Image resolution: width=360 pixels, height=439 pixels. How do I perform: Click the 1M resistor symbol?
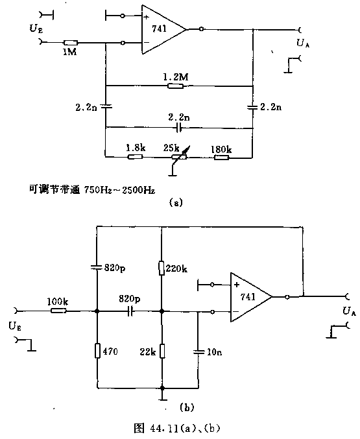70,43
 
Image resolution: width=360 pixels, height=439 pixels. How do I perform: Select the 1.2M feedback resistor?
175,86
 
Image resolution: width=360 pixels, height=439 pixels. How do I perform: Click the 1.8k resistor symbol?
135,156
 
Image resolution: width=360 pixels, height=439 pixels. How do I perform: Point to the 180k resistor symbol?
222,157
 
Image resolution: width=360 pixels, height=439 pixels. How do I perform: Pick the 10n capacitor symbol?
198,351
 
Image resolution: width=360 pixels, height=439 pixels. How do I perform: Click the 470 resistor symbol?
97,351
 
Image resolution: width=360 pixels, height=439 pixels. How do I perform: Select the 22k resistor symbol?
162,351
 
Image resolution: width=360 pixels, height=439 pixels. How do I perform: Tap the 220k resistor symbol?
162,268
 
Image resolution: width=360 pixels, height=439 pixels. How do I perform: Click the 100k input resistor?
58,311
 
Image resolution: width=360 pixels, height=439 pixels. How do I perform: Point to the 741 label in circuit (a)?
159,29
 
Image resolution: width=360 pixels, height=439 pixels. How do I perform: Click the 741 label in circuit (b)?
248,297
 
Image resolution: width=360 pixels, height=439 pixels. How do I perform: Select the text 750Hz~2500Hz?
119,190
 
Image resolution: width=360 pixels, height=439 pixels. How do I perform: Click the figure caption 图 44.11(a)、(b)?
177,428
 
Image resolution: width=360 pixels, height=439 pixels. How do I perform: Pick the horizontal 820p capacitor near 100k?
130,311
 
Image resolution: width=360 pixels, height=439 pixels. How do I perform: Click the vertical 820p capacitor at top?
97,267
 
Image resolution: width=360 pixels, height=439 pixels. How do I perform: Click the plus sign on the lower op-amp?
237,285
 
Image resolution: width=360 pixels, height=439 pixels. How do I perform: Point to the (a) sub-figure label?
176,203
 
